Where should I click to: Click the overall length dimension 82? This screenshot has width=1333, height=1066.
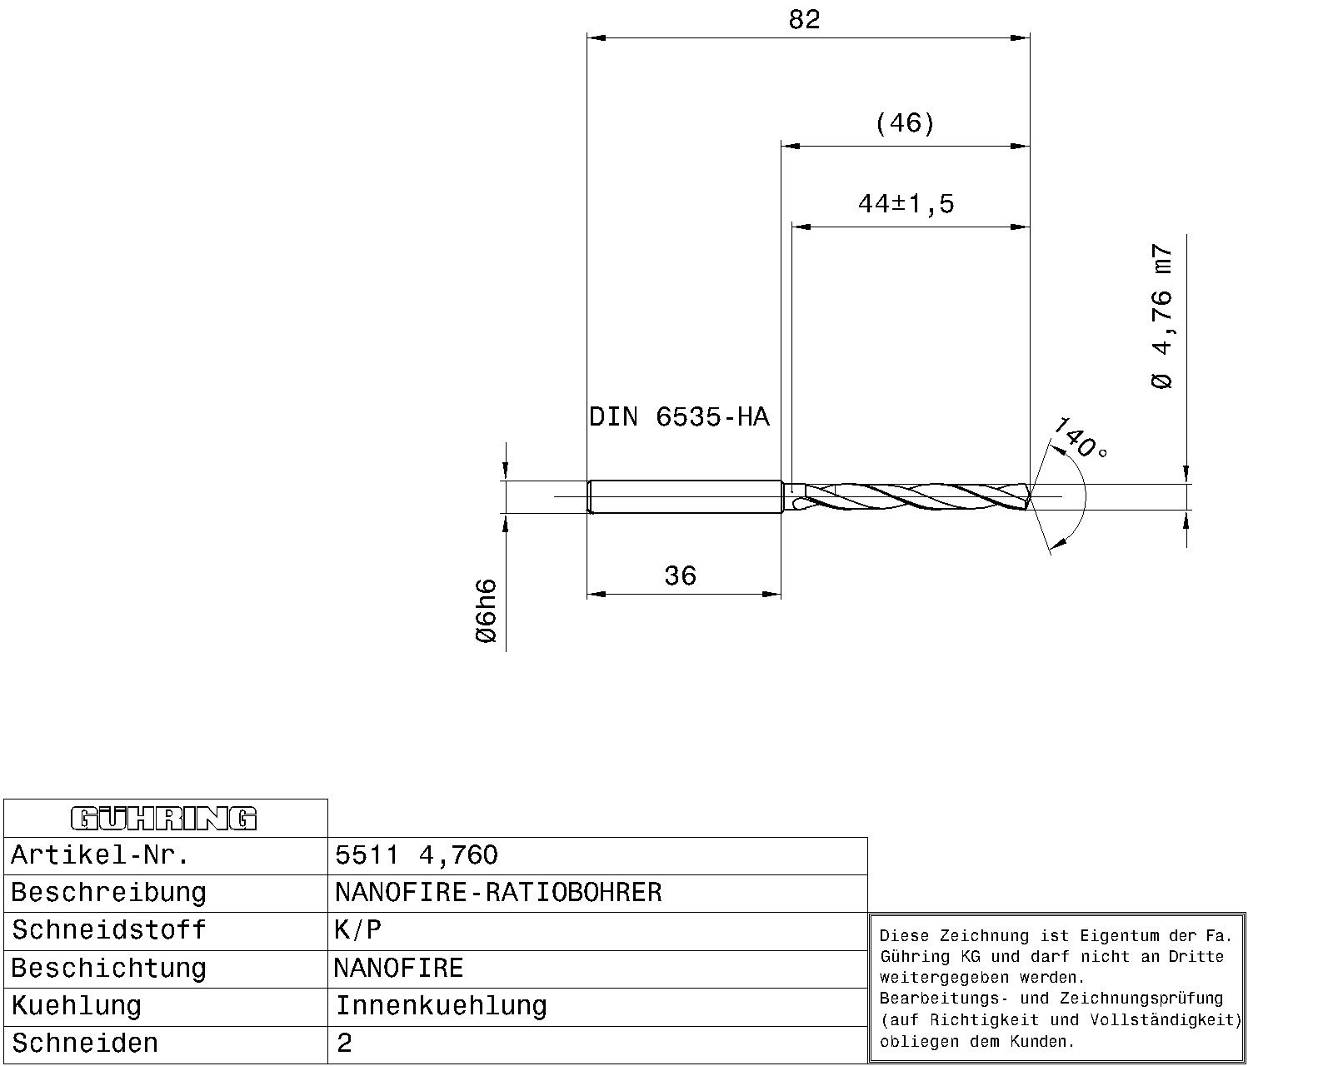tap(804, 20)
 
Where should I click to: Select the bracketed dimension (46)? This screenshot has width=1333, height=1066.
tap(905, 124)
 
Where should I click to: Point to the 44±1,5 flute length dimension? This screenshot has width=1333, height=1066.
tap(906, 203)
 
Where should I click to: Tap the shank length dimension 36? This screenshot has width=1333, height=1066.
tap(680, 575)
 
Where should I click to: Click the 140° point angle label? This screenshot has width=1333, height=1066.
tap(1080, 440)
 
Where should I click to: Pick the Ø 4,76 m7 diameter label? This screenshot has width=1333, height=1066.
tap(1161, 316)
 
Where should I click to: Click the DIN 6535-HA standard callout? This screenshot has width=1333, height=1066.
tap(679, 416)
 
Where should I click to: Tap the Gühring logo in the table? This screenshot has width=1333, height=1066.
tap(164, 819)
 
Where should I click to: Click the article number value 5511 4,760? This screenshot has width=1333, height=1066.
tap(417, 855)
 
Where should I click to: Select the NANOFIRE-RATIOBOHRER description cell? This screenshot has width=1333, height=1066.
tap(498, 893)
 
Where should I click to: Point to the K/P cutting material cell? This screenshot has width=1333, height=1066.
tap(357, 930)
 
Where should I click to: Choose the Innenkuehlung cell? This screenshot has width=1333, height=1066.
tap(441, 1006)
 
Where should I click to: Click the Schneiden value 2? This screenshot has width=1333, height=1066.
tap(344, 1044)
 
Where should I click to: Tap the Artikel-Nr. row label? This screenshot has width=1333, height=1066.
tap(100, 855)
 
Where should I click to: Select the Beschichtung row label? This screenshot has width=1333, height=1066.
tap(107, 969)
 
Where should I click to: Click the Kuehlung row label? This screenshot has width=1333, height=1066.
tap(76, 1006)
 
